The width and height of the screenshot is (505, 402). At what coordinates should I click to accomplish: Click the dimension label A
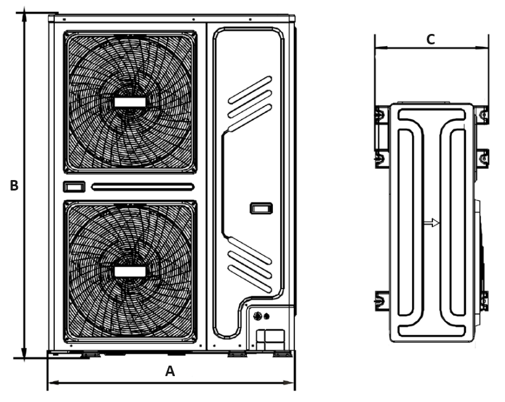(171, 371)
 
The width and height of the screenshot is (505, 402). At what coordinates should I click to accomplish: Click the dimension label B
(14, 186)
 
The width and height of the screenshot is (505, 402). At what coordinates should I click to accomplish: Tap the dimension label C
(431, 39)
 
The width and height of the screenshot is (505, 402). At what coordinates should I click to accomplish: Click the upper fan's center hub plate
(129, 101)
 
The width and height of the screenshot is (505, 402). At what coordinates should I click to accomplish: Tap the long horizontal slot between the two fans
(143, 186)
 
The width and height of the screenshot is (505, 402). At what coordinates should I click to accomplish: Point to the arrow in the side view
(434, 223)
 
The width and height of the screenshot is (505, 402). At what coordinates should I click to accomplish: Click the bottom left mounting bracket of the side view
(380, 300)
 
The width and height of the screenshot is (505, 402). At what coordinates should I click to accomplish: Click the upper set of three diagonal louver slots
(250, 97)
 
